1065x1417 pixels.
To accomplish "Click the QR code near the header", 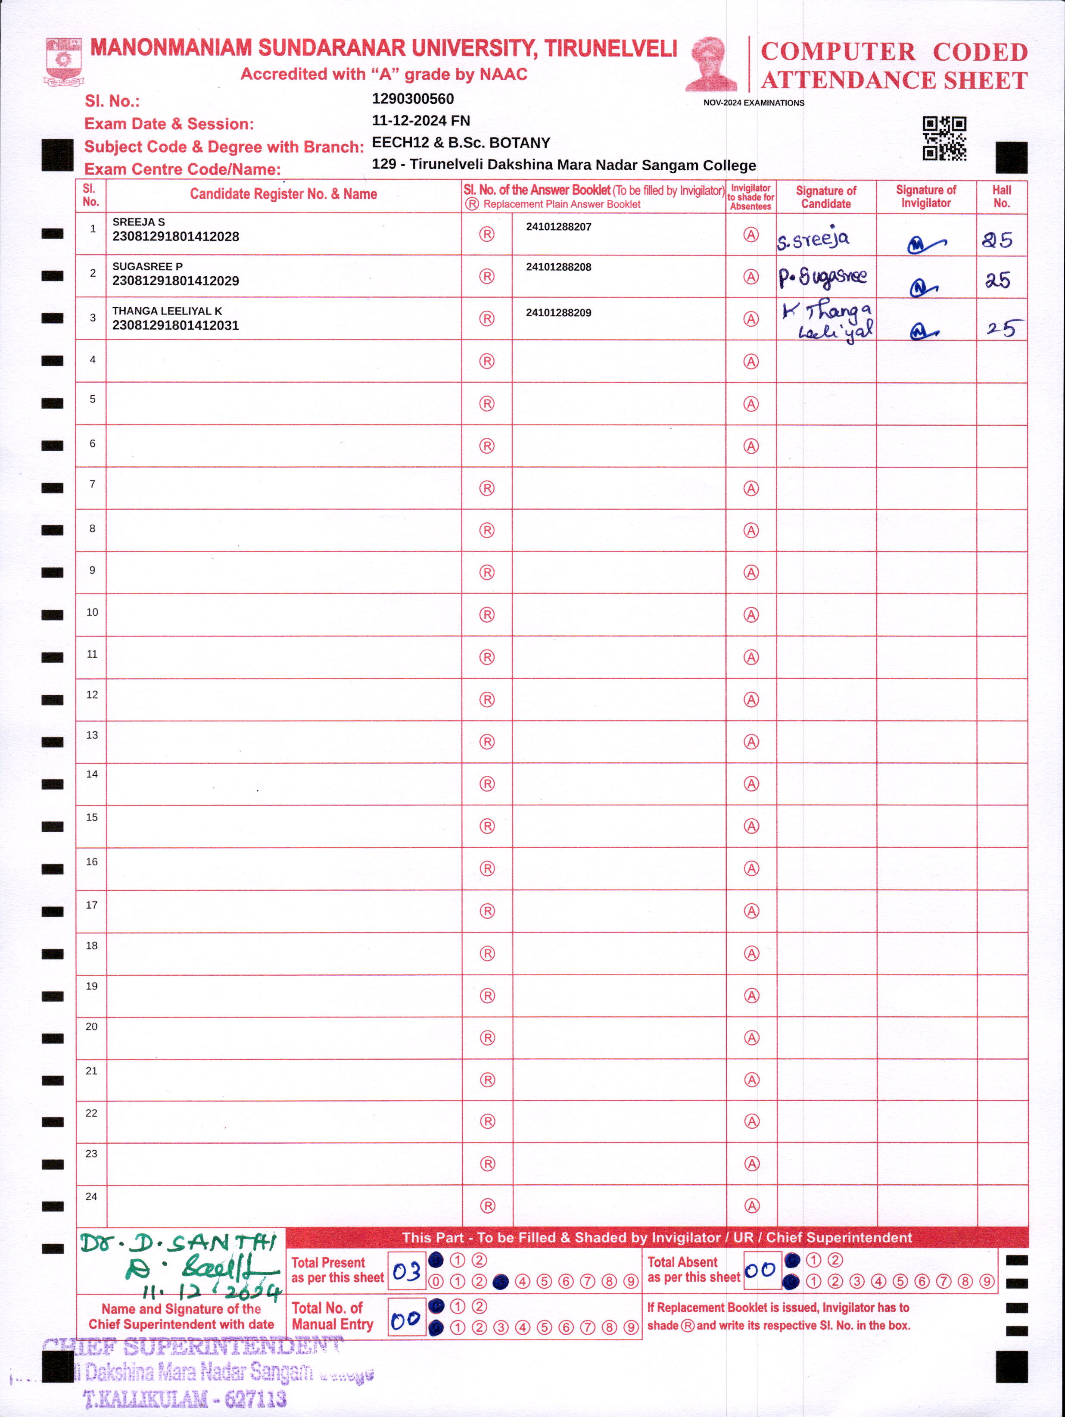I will pyautogui.click(x=944, y=138).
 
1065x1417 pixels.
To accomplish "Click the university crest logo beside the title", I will pyautogui.click(x=63, y=62).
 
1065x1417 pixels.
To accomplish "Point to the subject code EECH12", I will pyautogui.click(x=400, y=142).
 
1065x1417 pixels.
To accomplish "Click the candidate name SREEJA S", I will pyautogui.click(x=138, y=222).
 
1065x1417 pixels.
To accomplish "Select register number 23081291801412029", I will pyautogui.click(x=175, y=281).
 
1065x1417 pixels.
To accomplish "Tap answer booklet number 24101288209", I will pyautogui.click(x=558, y=312).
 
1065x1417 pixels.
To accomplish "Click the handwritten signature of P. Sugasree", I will pyautogui.click(x=823, y=277).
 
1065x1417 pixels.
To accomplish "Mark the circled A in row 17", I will pyautogui.click(x=751, y=911).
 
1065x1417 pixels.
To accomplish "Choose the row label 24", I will pyautogui.click(x=92, y=1196).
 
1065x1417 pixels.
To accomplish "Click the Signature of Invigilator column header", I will pyautogui.click(x=925, y=196).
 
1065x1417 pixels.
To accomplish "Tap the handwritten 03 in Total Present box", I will pyautogui.click(x=406, y=1272).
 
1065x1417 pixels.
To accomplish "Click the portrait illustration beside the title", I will pyautogui.click(x=711, y=64).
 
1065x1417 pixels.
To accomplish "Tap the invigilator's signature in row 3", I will pyautogui.click(x=923, y=331).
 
